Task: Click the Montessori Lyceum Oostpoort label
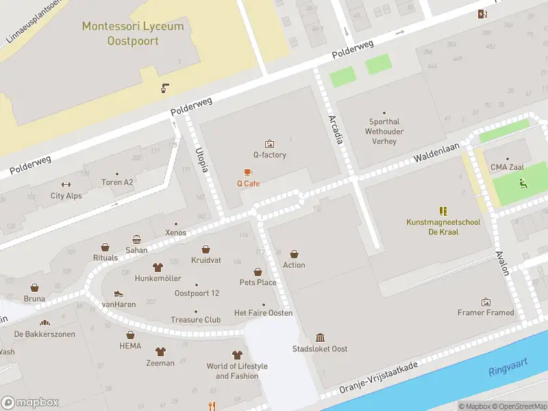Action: [133, 34]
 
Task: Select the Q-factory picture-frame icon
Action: [269, 143]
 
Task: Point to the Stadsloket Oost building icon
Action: [320, 337]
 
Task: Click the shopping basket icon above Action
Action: [295, 254]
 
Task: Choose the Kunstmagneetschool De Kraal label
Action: [443, 227]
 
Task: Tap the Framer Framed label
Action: [486, 313]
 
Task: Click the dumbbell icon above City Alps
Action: [66, 184]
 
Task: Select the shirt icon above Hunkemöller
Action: [158, 267]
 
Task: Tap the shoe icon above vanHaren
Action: [119, 293]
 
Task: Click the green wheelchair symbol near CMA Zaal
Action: [523, 183]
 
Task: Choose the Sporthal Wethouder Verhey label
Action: [384, 132]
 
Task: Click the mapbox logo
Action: [30, 403]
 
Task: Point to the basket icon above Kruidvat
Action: [206, 250]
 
